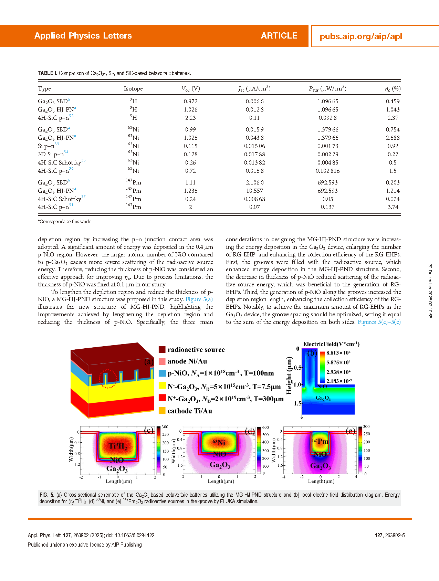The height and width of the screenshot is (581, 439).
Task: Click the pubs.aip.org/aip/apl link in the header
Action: click(x=360, y=36)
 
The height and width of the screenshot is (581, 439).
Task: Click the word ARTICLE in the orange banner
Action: click(x=279, y=36)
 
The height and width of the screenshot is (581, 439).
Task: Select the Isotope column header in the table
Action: click(x=133, y=89)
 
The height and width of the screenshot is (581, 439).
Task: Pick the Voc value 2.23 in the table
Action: click(x=190, y=118)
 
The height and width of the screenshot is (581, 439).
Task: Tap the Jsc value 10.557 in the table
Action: click(x=254, y=191)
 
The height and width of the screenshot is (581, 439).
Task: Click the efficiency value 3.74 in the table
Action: click(x=393, y=207)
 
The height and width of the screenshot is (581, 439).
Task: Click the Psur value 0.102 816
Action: click(x=327, y=171)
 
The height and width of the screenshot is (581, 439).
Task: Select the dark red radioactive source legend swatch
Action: click(x=162, y=349)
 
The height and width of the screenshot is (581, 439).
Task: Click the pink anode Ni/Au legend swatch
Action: click(x=162, y=361)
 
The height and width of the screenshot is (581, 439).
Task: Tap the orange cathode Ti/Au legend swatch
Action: click(x=162, y=411)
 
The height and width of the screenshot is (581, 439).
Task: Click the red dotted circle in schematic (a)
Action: click(x=108, y=379)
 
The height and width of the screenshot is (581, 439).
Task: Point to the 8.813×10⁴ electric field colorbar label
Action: click(x=338, y=353)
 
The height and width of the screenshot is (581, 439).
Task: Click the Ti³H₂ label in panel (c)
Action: click(x=118, y=447)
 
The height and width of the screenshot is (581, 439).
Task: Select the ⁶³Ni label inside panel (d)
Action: click(x=219, y=443)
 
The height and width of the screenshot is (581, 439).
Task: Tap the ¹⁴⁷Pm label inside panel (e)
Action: click(x=320, y=441)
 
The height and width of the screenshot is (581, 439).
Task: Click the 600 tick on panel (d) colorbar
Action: click(x=265, y=427)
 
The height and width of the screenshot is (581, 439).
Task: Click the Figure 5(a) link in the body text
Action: click(x=199, y=299)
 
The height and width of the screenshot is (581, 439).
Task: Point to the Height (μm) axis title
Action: click(x=289, y=375)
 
